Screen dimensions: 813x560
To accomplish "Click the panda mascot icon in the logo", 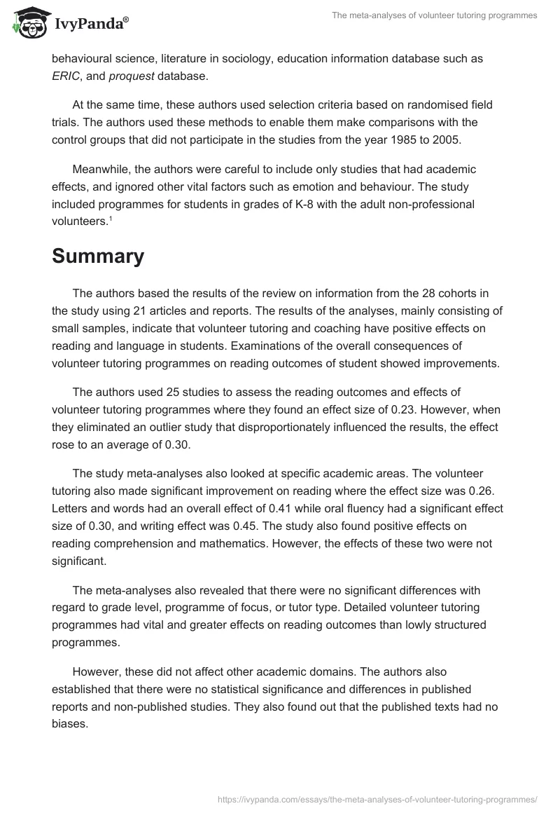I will pos(27,23).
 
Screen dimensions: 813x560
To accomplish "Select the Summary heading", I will pos(98,257).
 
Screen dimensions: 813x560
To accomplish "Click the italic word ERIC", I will pos(65,76).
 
